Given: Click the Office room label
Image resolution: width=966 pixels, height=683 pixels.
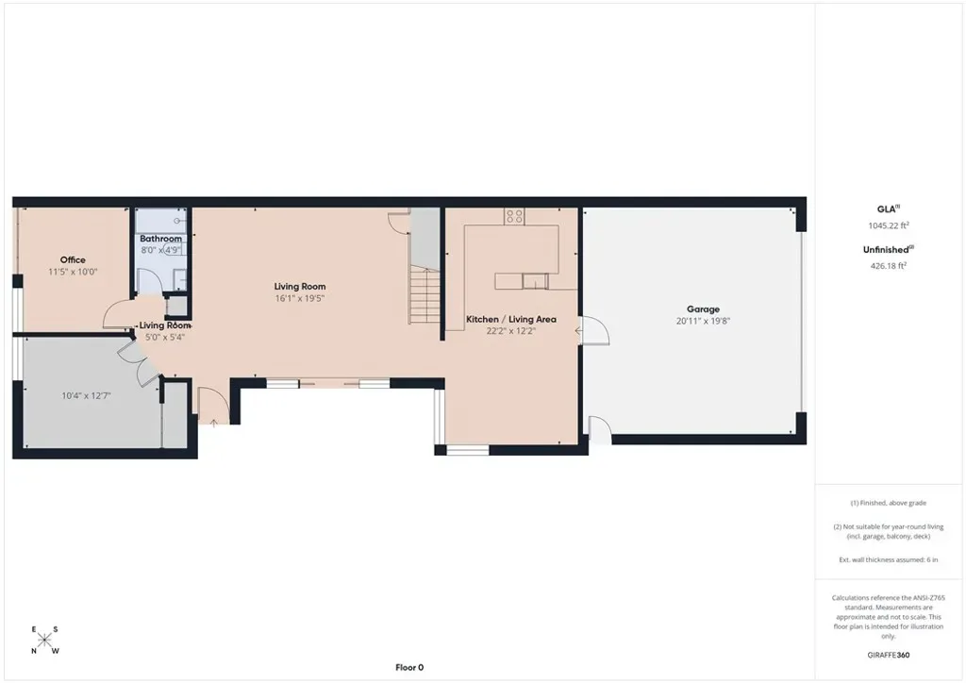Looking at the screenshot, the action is pyautogui.click(x=73, y=259).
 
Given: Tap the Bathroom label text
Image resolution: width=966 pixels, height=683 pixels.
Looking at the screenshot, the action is pyautogui.click(x=160, y=239).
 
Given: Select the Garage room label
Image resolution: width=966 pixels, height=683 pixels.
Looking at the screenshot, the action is pyautogui.click(x=703, y=309).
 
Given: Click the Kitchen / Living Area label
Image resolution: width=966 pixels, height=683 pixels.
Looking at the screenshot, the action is pyautogui.click(x=510, y=319).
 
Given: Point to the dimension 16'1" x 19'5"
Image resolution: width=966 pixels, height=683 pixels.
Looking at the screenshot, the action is pyautogui.click(x=299, y=298).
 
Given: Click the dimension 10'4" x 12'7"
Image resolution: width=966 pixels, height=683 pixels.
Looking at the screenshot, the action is pyautogui.click(x=86, y=396).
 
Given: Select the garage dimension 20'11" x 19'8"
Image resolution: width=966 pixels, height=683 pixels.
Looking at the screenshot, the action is pyautogui.click(x=703, y=321).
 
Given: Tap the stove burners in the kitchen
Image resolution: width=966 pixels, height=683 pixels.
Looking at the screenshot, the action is pyautogui.click(x=514, y=215).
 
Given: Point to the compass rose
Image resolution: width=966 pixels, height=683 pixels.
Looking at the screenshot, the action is pyautogui.click(x=44, y=641).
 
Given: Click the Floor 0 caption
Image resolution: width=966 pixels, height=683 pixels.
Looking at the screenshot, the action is pyautogui.click(x=409, y=667).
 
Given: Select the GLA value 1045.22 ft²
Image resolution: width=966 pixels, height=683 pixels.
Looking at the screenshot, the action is pyautogui.click(x=889, y=225).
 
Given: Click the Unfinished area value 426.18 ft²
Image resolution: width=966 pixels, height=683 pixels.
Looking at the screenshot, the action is pyautogui.click(x=888, y=266).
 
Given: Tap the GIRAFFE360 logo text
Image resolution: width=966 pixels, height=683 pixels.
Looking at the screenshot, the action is pyautogui.click(x=889, y=655).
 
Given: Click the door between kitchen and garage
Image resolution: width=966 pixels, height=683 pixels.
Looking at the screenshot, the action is pyautogui.click(x=594, y=331).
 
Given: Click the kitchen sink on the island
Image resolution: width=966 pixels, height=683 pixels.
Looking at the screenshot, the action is pyautogui.click(x=535, y=281).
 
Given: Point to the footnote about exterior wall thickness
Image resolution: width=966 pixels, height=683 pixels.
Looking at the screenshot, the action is pyautogui.click(x=889, y=559).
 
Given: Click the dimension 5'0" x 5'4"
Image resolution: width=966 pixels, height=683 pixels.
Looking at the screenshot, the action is pyautogui.click(x=164, y=337).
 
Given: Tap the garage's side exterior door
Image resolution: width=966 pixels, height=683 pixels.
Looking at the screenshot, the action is pyautogui.click(x=599, y=429).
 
